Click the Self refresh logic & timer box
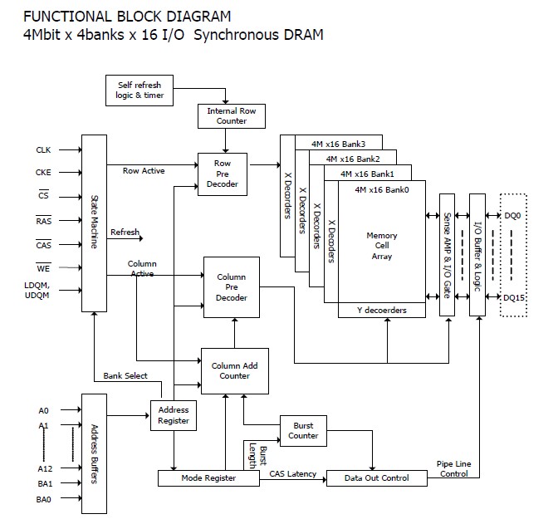click(x=139, y=90)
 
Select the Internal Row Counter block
click(x=231, y=116)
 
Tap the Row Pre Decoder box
click(x=223, y=174)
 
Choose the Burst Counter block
click(x=303, y=430)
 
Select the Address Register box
click(x=173, y=415)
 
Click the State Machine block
click(x=94, y=223)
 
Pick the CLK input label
click(x=43, y=150)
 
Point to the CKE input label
click(x=43, y=174)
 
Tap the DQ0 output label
click(x=513, y=216)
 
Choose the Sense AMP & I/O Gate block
click(x=447, y=252)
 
